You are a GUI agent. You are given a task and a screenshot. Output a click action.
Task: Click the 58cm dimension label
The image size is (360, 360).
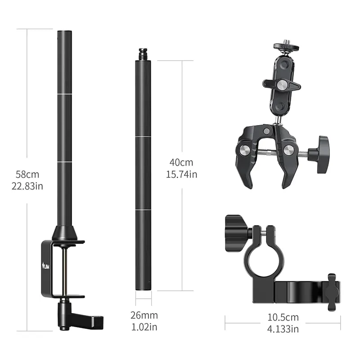(x=27, y=175)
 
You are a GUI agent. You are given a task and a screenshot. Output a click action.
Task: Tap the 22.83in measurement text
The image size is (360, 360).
(x=27, y=186)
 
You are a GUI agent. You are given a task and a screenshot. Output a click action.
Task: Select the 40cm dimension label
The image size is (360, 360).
(x=181, y=162)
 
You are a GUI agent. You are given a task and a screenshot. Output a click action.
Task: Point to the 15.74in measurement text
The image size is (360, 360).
(x=182, y=174)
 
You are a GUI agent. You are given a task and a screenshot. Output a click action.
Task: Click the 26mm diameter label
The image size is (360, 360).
(x=144, y=315)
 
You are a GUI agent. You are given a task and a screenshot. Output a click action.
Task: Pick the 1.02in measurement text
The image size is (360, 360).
(x=144, y=327)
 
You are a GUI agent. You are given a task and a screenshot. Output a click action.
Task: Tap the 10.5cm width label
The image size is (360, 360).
(x=283, y=317)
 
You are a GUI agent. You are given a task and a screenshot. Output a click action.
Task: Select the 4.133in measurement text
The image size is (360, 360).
(x=283, y=329)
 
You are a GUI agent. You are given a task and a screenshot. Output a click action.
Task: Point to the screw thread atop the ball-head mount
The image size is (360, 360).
(x=286, y=42)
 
